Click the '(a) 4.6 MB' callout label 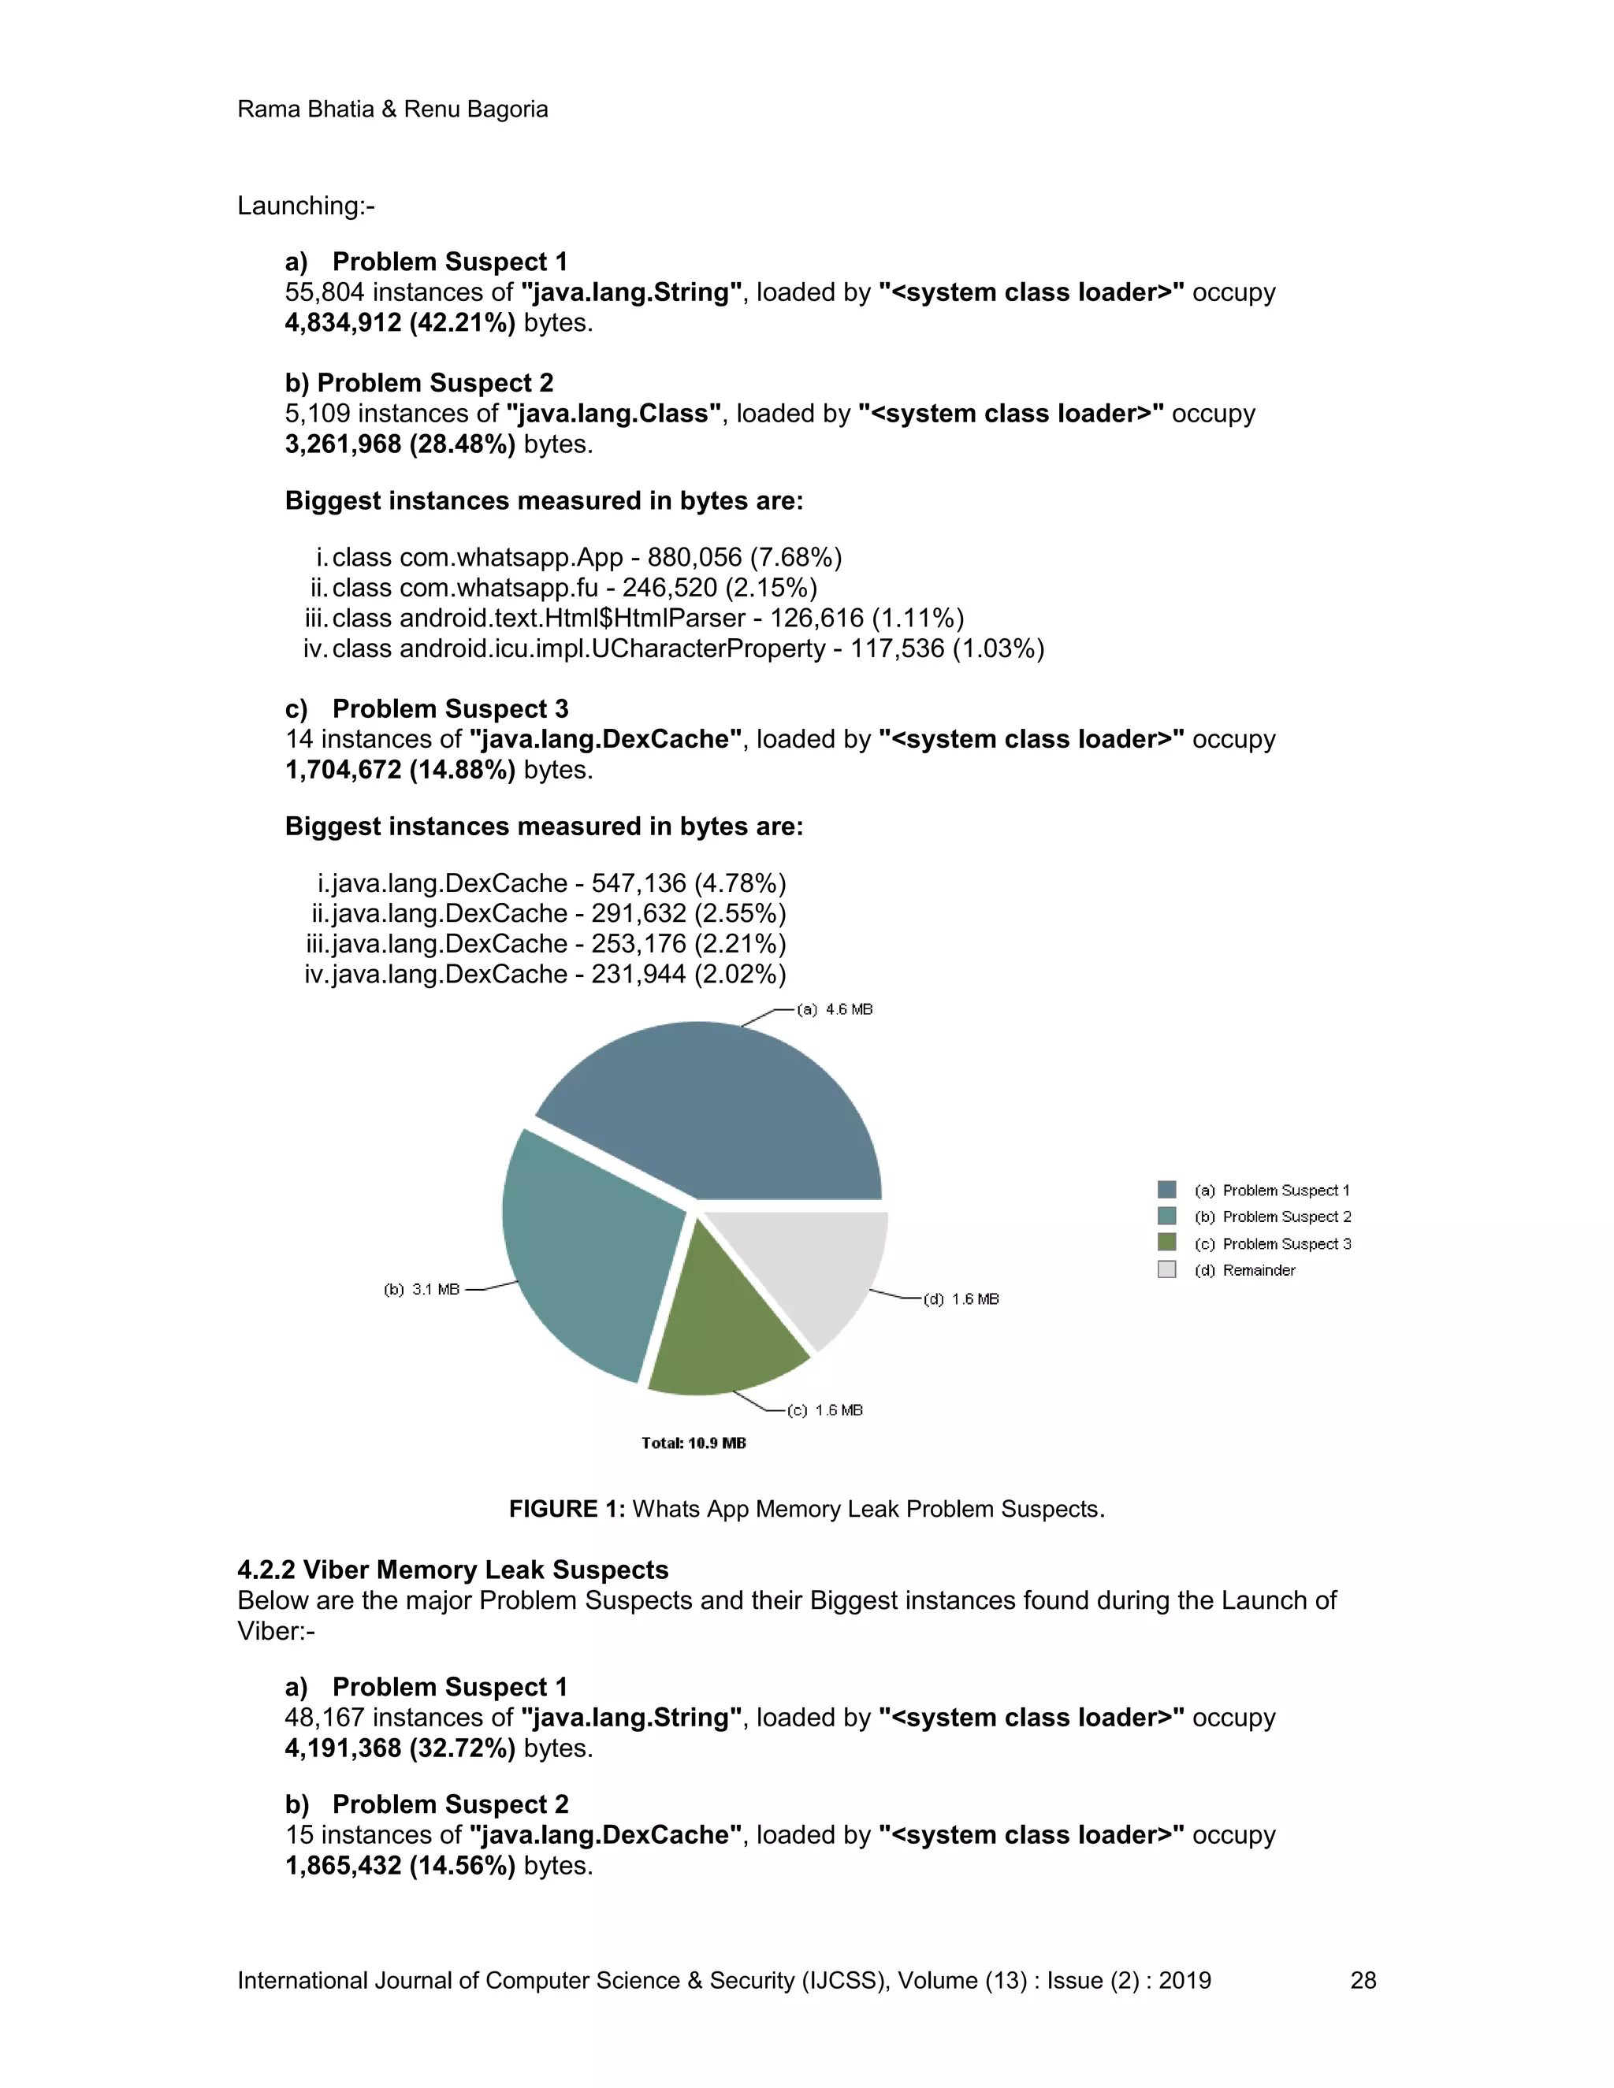(x=835, y=1009)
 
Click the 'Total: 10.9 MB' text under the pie (x=694, y=1443)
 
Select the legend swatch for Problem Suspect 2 (x=1166, y=1216)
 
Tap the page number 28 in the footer (x=1363, y=1980)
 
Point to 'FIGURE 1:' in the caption (x=566, y=1509)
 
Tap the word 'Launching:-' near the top (x=306, y=206)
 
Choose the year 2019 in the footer (x=1184, y=1980)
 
